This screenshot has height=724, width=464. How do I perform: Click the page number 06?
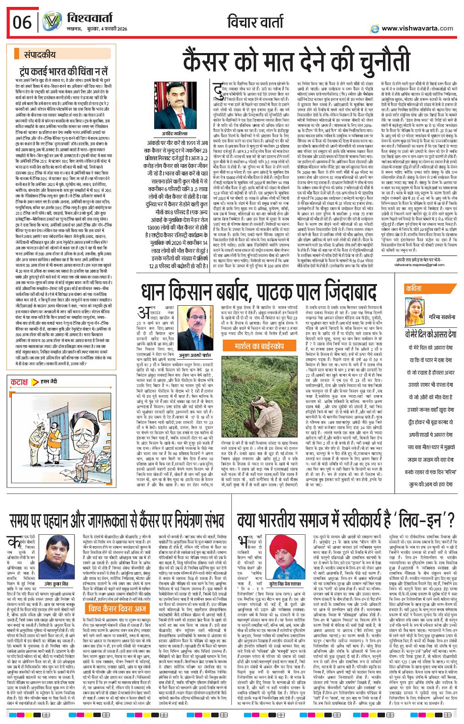pyautogui.click(x=23, y=23)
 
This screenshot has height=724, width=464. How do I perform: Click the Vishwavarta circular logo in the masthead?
pyautogui.click(x=51, y=22)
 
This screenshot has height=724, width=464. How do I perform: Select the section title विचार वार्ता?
pyautogui.click(x=255, y=22)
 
